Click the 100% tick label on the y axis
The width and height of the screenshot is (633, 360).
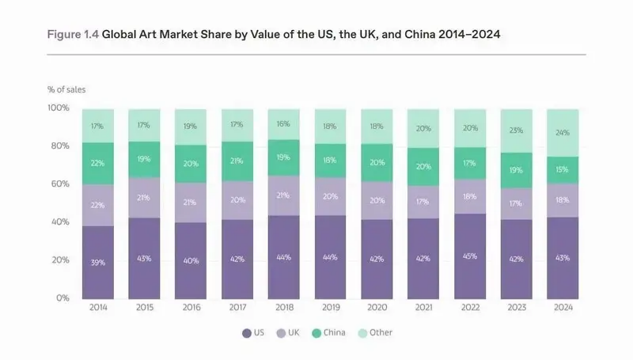pyautogui.click(x=57, y=108)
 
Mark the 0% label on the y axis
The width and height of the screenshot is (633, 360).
pyautogui.click(x=63, y=297)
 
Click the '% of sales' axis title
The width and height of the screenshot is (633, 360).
pyautogui.click(x=66, y=89)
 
